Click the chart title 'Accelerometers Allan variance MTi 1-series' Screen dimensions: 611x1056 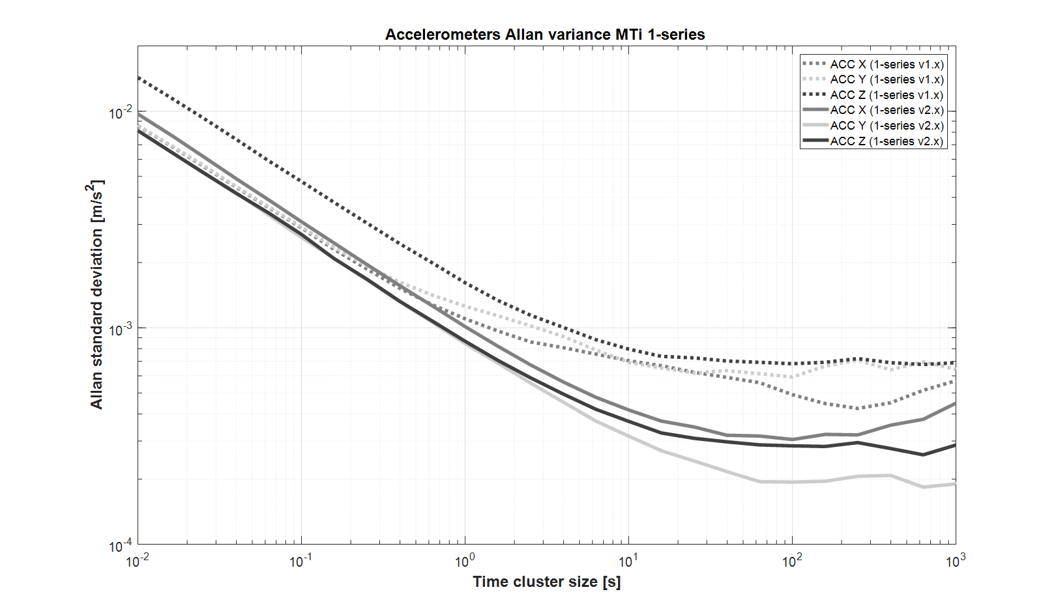tap(545, 35)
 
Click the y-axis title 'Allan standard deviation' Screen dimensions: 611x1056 tap(97, 294)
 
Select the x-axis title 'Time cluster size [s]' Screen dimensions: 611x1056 tap(546, 582)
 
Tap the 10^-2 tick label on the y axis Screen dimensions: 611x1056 tap(120, 112)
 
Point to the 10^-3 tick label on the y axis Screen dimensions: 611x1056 tap(120, 329)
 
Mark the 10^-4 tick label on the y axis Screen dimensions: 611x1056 tap(120, 546)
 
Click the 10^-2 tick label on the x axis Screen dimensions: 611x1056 tap(137, 560)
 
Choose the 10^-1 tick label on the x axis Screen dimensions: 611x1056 tap(301, 560)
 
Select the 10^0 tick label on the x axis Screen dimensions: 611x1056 tap(465, 560)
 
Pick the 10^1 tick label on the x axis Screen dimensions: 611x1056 tap(628, 560)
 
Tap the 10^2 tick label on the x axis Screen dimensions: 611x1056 tap(792, 560)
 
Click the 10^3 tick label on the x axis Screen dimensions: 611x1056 tap(956, 560)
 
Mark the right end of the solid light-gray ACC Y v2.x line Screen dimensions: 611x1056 tap(955, 484)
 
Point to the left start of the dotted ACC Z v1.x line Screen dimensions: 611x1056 tap(138, 78)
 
